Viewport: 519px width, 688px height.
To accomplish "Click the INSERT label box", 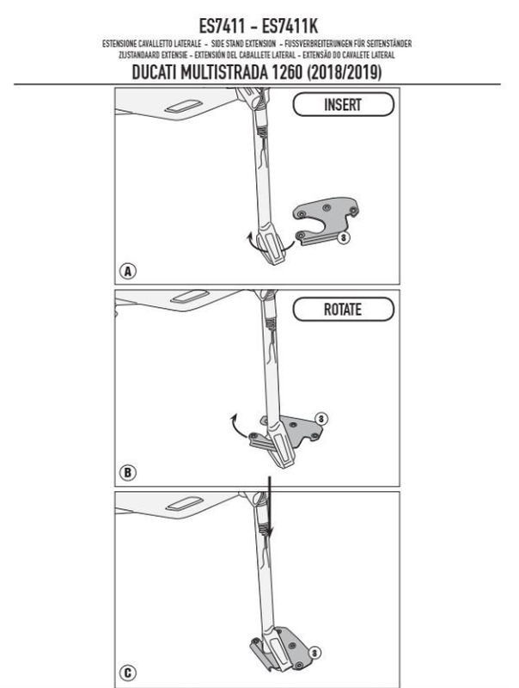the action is (343, 104).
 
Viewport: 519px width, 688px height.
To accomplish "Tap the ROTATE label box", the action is (343, 310).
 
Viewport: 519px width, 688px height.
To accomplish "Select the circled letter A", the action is (127, 271).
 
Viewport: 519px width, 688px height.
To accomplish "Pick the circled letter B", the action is (127, 472).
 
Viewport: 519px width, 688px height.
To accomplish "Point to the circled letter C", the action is (127, 673).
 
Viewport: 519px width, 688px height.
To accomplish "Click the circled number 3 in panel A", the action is (344, 238).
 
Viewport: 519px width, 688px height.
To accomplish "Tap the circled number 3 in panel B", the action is (321, 419).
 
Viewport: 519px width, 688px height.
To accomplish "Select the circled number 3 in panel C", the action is (314, 653).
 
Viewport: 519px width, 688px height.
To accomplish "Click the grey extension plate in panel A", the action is (326, 221).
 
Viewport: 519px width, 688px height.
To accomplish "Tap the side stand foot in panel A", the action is (272, 249).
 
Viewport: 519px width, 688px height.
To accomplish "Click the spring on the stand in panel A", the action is (261, 132).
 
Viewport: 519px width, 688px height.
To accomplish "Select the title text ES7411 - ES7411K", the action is (258, 26).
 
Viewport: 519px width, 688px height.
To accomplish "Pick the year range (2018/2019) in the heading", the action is (344, 72).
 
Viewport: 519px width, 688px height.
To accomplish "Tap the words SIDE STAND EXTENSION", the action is (243, 44).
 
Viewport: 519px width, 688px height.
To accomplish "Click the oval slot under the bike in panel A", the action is (183, 106).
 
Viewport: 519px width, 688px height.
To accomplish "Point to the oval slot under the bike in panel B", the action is (189, 296).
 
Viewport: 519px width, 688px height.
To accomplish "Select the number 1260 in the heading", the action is (288, 72).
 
